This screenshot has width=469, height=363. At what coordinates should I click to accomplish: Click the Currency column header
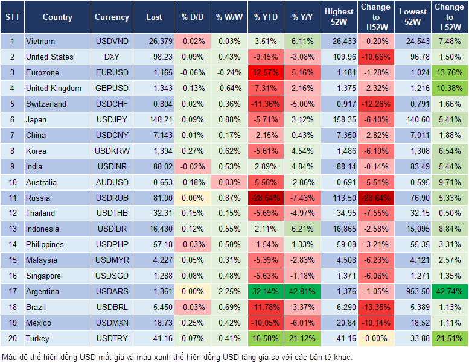click(x=112, y=17)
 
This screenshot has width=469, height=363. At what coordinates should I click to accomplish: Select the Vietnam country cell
click(x=57, y=41)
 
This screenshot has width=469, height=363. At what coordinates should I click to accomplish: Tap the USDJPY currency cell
click(x=112, y=119)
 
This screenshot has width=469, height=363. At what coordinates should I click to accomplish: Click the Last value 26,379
click(x=154, y=41)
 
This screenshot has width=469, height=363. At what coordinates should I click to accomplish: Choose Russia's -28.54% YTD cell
click(x=266, y=198)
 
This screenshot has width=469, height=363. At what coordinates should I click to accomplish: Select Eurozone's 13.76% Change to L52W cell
click(x=450, y=72)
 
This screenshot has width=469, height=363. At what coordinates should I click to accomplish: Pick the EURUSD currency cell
click(x=112, y=72)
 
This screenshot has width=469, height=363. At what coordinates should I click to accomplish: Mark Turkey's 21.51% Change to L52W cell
click(x=450, y=338)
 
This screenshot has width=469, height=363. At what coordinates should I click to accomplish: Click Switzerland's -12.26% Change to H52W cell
click(x=375, y=104)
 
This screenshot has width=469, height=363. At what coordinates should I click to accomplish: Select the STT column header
click(x=12, y=17)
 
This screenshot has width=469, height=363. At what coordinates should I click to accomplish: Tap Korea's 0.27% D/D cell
click(x=192, y=151)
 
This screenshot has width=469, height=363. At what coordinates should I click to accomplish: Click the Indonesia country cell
click(x=57, y=229)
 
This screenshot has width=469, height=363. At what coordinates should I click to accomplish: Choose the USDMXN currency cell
click(x=112, y=323)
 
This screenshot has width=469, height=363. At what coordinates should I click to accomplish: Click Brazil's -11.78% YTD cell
click(x=266, y=307)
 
